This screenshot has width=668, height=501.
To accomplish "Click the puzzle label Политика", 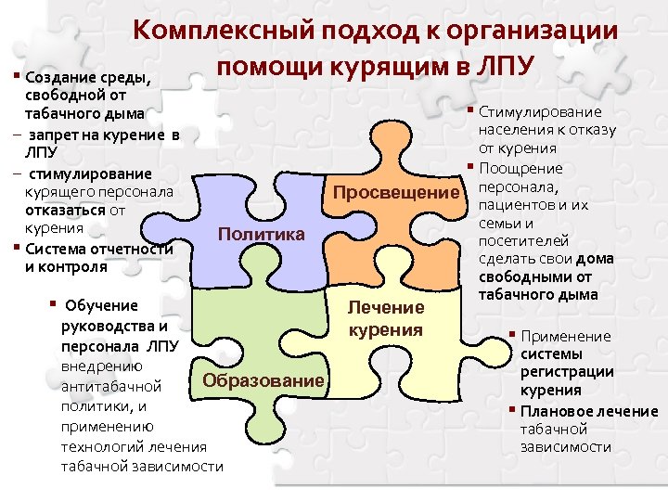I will pyautogui.click(x=261, y=234).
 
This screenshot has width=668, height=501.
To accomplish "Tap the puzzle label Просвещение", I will pyautogui.click(x=396, y=193).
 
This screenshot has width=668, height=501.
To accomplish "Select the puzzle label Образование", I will pyautogui.click(x=264, y=380).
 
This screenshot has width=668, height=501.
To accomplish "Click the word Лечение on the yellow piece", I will pyautogui.click(x=385, y=307).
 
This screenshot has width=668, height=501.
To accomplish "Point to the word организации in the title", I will pyautogui.click(x=533, y=31).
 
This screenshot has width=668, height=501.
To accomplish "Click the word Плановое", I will pyautogui.click(x=552, y=411).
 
